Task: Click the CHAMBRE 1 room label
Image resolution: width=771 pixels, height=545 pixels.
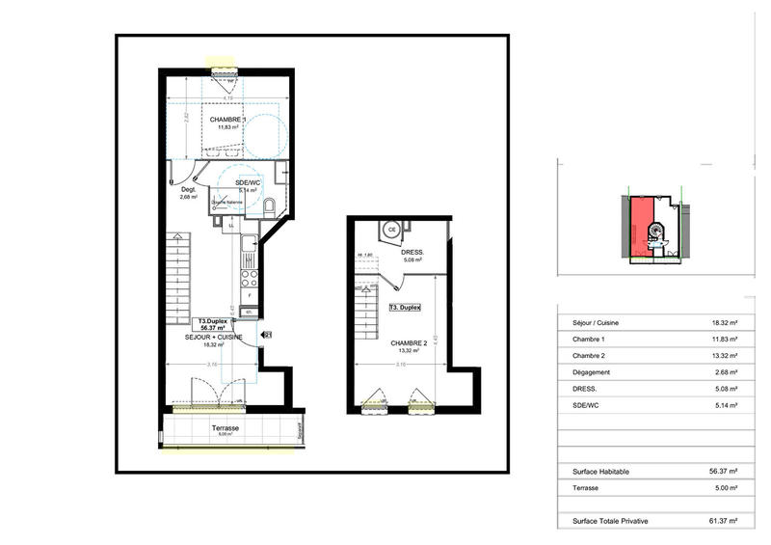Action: tap(230, 120)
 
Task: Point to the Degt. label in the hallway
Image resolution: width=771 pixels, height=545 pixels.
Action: tap(188, 190)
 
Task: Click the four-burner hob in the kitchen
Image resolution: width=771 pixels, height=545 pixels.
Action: tap(249, 278)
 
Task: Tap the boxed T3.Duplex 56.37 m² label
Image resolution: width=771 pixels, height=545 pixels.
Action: tap(214, 325)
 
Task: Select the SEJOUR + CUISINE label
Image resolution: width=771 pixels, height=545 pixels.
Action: tap(214, 338)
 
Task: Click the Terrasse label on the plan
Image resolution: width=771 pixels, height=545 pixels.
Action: tap(225, 427)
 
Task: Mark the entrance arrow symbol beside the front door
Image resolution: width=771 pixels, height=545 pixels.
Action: tap(268, 335)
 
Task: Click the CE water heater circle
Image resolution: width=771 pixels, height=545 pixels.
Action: tap(391, 230)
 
